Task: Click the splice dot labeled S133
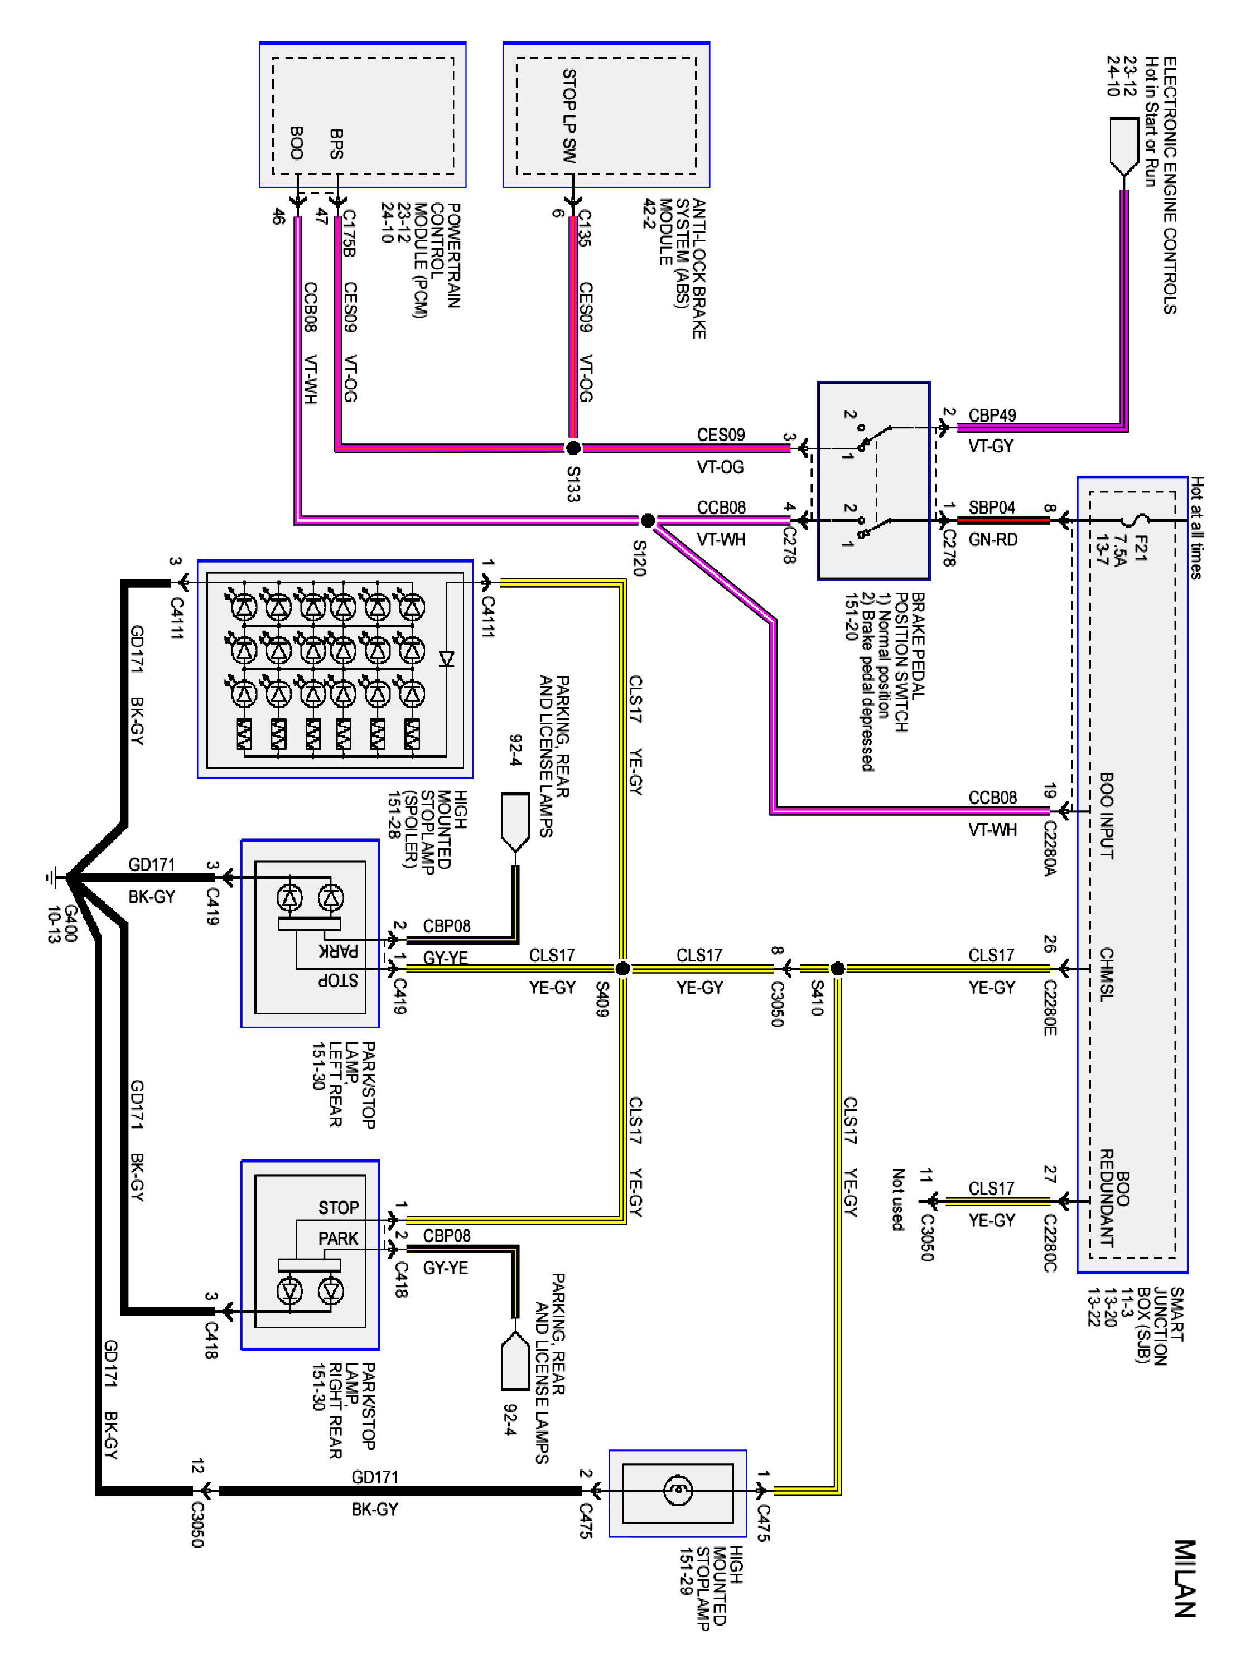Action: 573,448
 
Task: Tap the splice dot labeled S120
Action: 647,520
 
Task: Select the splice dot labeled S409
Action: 622,968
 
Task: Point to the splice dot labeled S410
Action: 837,968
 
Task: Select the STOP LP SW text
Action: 569,116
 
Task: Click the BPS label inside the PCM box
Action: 337,144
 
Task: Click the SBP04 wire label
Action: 991,507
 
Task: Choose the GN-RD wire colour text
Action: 992,539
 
